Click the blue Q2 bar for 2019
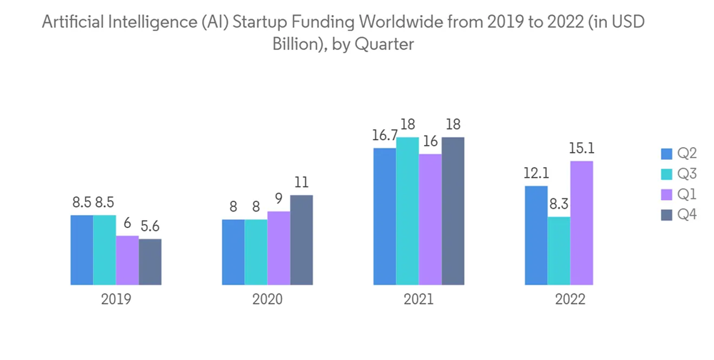tap(81, 250)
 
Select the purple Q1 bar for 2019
tap(127, 260)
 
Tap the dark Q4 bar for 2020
tap(301, 240)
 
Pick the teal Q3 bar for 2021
tap(407, 211)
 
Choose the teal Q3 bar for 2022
tap(558, 251)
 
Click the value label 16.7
tap(383, 136)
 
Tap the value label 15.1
tap(581, 149)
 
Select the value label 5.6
tap(150, 226)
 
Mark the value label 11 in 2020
tap(301, 183)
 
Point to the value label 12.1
tap(535, 174)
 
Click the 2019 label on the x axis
tap(116, 299)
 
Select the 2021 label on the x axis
tap(418, 299)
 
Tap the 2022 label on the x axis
tap(570, 299)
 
